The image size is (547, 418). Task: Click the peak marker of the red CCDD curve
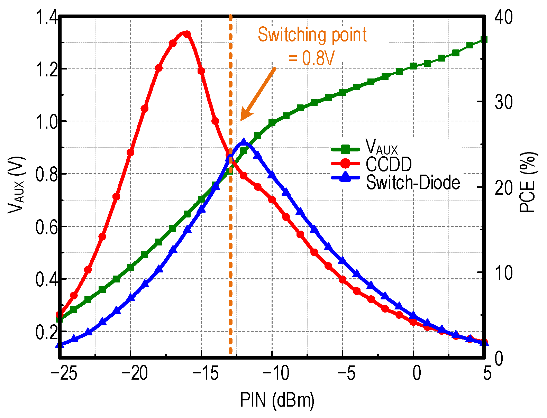(187, 34)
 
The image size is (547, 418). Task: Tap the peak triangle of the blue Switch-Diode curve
(244, 142)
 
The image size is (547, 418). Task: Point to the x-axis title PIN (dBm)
(277, 400)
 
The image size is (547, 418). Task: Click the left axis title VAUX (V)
(16, 185)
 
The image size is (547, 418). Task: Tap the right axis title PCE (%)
(528, 182)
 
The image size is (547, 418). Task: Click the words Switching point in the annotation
(312, 35)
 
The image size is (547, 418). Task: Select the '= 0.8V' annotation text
(311, 58)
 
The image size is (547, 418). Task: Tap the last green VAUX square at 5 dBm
(484, 40)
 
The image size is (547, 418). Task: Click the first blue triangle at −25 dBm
(60, 344)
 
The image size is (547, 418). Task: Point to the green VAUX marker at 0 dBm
(413, 66)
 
